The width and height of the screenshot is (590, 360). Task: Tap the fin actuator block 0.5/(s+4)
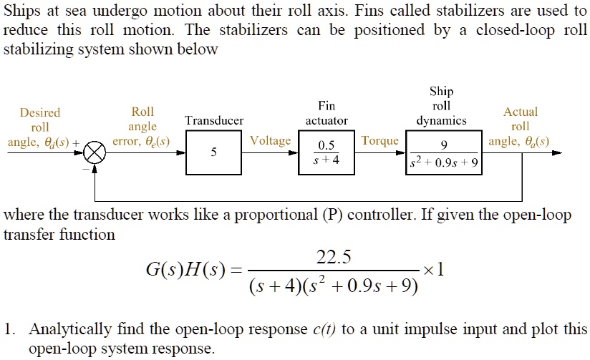326,153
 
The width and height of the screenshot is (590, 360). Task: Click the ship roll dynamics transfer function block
444,153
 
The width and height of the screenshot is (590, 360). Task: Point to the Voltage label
271,141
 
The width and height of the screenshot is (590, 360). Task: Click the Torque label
380,141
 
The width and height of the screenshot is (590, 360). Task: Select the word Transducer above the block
214,121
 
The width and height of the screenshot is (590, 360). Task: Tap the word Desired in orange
40,112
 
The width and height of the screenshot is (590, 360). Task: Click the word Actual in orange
521,112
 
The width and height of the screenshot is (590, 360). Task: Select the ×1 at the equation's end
435,271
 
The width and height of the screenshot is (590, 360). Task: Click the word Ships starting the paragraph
21,11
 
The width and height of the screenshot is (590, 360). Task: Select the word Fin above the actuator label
327,106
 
